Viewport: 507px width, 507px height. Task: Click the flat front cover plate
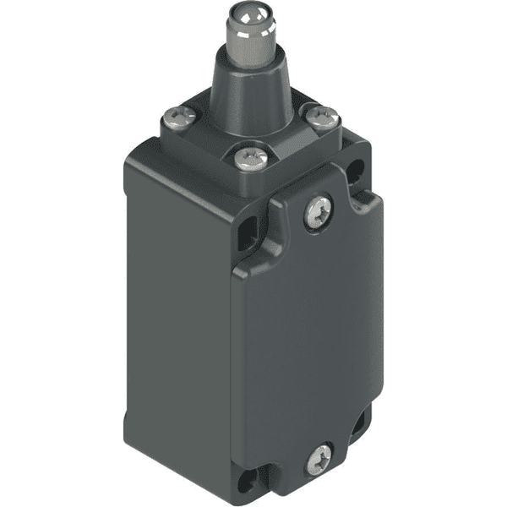[x=313, y=338]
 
